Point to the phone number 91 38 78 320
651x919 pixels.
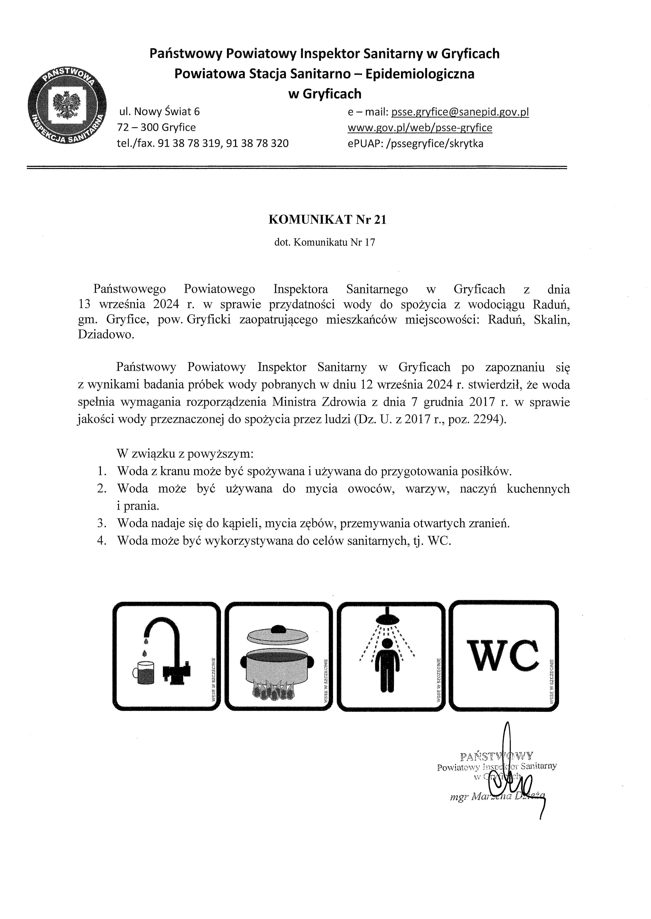(x=257, y=143)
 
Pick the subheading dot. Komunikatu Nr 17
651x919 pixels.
(x=325, y=242)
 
